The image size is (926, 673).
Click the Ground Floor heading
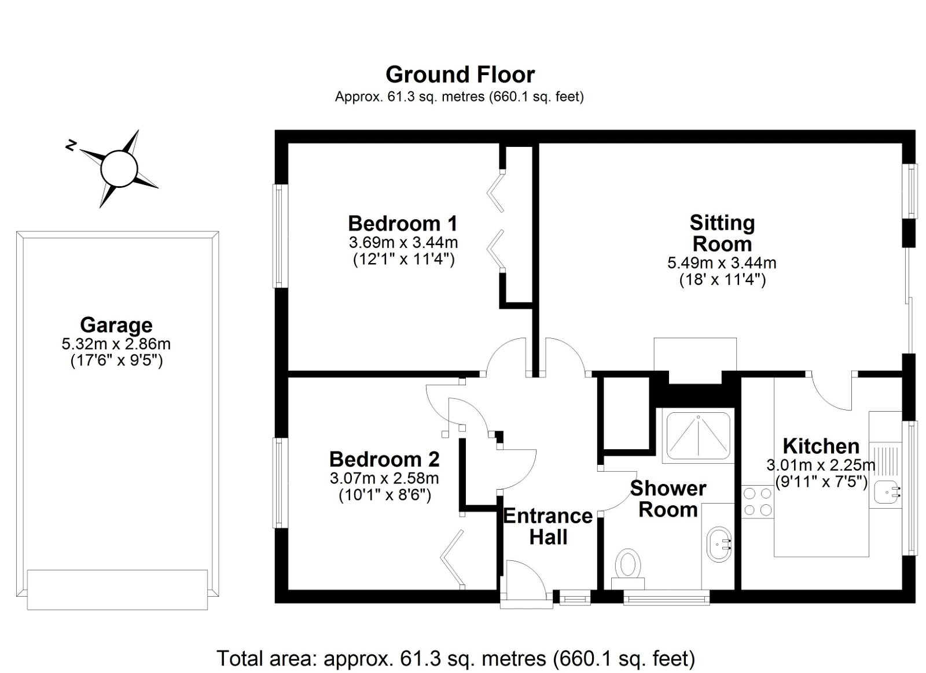point(460,75)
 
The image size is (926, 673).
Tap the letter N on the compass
point(71,146)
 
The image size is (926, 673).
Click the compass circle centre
point(119,168)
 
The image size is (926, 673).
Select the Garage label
point(116,325)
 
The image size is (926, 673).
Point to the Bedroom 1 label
point(403,223)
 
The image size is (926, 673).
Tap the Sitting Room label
point(722,233)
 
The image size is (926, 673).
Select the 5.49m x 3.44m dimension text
point(722,263)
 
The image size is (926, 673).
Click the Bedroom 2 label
point(384,459)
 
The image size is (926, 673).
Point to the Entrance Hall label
point(548,526)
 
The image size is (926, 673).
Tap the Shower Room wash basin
point(719,543)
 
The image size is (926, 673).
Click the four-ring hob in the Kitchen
point(758,502)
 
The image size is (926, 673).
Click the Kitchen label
point(821,446)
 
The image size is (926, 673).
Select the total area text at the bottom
point(455,659)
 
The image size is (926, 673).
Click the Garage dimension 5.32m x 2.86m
point(116,345)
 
